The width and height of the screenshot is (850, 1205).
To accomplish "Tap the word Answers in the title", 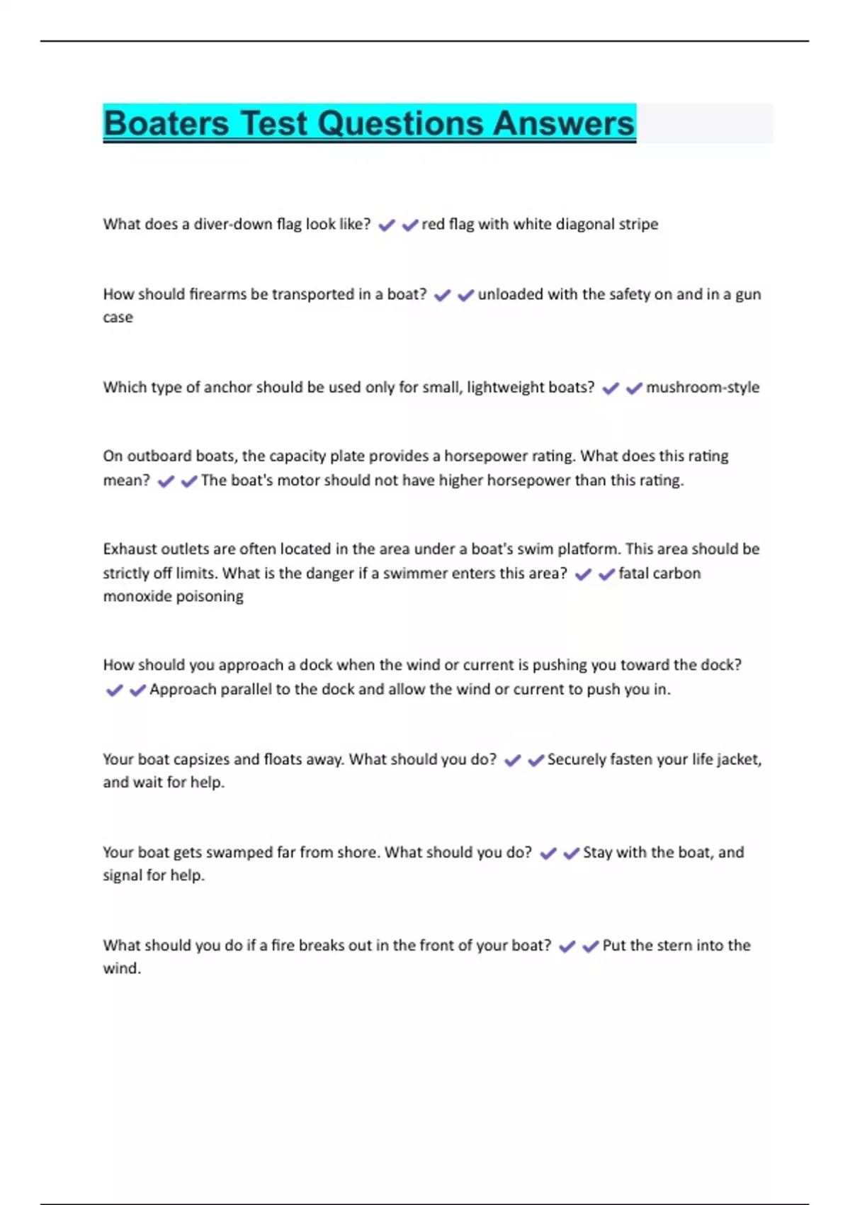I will [x=564, y=123].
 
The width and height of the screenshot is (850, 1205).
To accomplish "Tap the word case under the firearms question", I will [x=118, y=318].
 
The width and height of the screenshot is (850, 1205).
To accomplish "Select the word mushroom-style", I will [x=703, y=387].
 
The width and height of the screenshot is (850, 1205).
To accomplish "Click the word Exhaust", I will [x=128, y=549].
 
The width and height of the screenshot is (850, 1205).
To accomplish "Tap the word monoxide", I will [x=136, y=596].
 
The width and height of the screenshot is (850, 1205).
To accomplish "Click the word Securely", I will [x=576, y=759].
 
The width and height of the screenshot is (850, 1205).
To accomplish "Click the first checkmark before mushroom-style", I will [x=611, y=388].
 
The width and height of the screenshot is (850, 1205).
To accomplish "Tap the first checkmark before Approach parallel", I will [x=114, y=690].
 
